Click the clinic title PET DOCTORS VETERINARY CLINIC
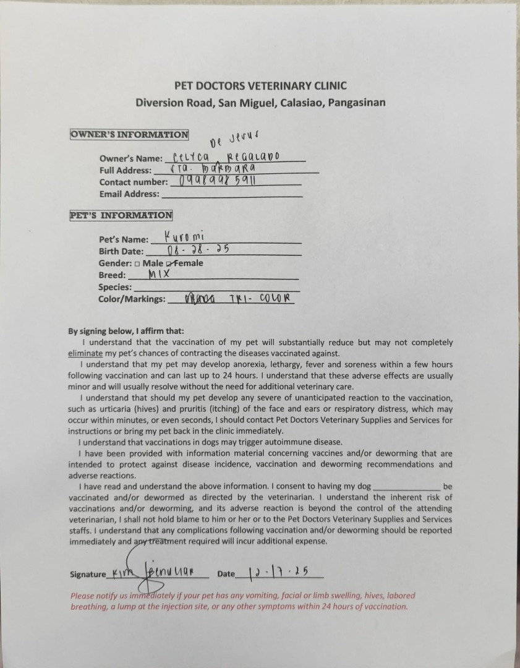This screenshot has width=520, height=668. click(x=260, y=86)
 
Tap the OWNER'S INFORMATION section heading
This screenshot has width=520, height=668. click(x=129, y=135)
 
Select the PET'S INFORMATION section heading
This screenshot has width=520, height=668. click(x=121, y=215)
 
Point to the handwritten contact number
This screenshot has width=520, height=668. click(x=216, y=181)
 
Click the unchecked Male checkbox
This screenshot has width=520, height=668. click(x=137, y=263)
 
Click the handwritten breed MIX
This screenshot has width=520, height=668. click(x=159, y=273)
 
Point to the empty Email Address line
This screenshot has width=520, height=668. click(x=231, y=194)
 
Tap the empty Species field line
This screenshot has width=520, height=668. click(x=216, y=288)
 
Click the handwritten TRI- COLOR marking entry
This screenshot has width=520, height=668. click(x=259, y=299)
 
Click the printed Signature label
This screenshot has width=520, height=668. click(x=88, y=574)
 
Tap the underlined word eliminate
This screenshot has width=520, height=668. click(x=85, y=353)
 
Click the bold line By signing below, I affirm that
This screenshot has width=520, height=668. click(x=126, y=331)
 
